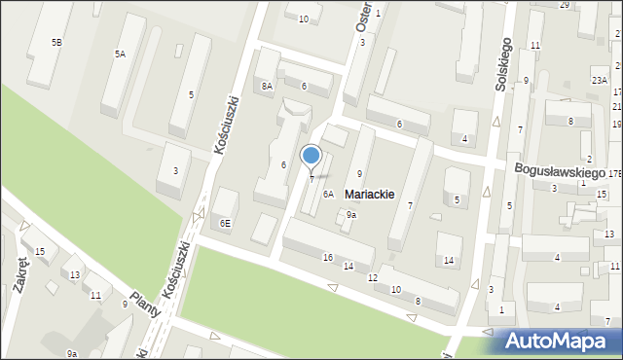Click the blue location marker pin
[311, 157]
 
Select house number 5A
[120, 54]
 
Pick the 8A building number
[267, 87]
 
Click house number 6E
[225, 223]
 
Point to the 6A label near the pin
[329, 195]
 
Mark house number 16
[327, 257]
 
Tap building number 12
[372, 279]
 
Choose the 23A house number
[599, 80]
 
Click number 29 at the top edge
[564, 5]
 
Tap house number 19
[616, 125]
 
